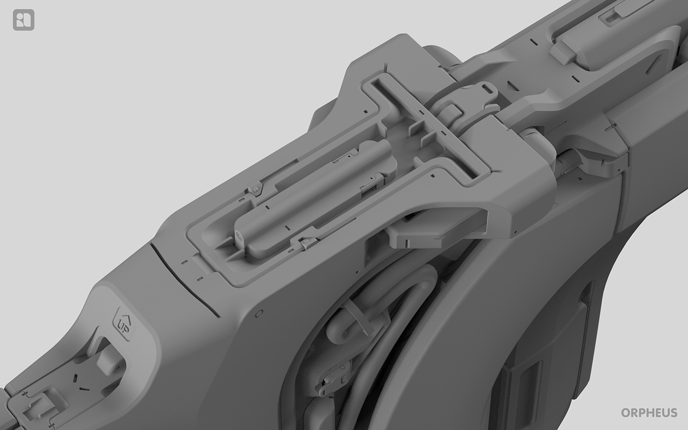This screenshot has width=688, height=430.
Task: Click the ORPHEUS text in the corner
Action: [649, 412]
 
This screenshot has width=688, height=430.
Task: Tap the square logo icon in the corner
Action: [24, 20]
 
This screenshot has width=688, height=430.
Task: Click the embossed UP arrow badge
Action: [124, 323]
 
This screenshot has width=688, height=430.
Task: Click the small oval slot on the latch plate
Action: [487, 88]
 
